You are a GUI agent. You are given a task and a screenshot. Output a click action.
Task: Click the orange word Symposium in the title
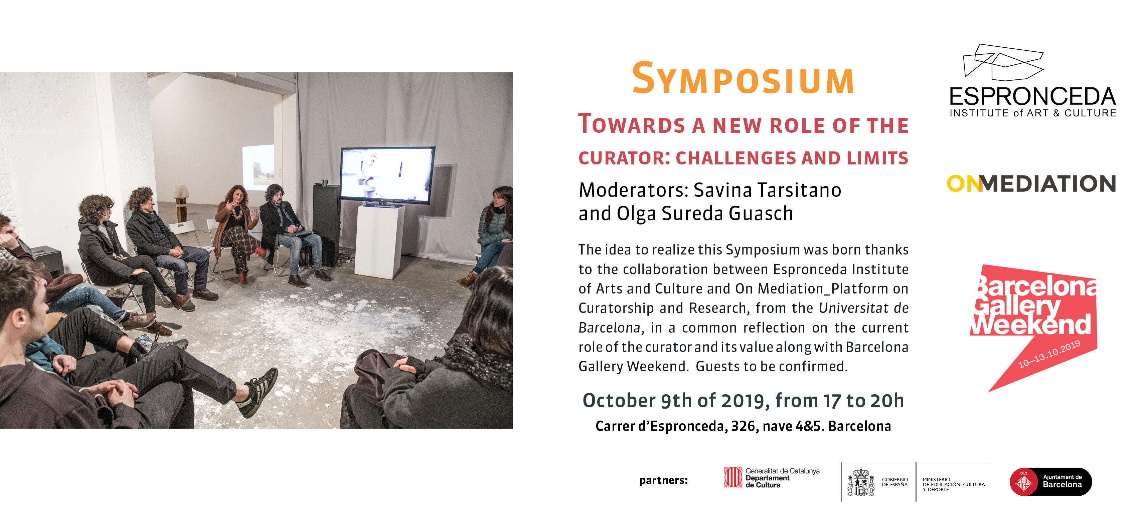tap(743, 79)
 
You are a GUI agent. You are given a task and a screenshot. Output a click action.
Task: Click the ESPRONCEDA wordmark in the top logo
tap(1032, 97)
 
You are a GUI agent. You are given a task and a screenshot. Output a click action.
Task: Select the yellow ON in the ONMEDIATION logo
tap(965, 184)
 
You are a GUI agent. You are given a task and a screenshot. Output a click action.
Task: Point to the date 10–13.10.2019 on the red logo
tap(1049, 355)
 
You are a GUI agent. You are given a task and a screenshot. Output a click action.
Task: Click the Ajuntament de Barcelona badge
tap(1051, 481)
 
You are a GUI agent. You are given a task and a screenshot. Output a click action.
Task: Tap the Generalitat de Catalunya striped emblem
tap(733, 477)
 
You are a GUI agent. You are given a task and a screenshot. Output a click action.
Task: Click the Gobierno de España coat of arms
tap(861, 482)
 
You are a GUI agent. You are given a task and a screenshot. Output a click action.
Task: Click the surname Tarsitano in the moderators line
tap(799, 190)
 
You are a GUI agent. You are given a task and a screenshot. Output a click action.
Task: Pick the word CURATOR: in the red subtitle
tap(624, 158)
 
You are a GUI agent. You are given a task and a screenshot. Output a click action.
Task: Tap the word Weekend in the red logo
tap(1031, 324)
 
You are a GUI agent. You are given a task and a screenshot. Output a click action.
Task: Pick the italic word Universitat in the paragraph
tap(853, 308)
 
